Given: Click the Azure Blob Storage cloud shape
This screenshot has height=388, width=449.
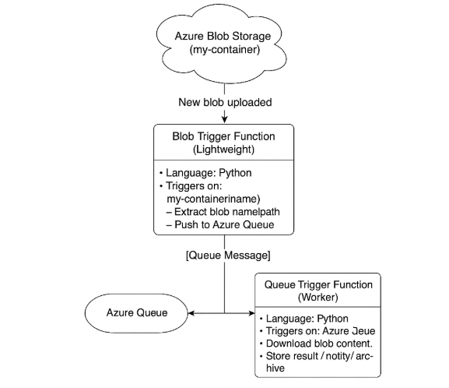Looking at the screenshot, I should (224, 43).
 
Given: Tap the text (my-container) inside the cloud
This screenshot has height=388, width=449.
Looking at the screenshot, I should (224, 51).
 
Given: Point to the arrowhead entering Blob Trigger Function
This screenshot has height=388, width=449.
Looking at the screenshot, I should (224, 119).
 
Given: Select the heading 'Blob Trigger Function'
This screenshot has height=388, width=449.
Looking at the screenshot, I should (224, 136).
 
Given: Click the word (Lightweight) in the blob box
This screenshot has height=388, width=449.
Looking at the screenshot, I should (224, 149).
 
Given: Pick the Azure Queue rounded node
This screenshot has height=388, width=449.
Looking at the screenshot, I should (136, 313).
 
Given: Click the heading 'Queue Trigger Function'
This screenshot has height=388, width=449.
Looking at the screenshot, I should (318, 285).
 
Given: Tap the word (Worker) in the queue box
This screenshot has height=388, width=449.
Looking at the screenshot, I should (318, 298).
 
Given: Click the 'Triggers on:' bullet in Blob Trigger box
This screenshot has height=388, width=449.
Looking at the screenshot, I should (192, 187).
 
